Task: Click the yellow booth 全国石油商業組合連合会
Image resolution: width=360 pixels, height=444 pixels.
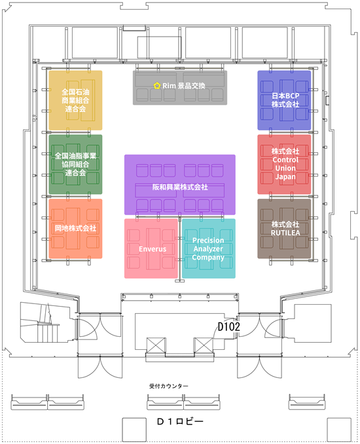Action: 75,100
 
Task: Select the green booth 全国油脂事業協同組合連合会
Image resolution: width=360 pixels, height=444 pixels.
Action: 75,164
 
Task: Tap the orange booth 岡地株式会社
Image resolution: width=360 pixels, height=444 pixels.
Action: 75,228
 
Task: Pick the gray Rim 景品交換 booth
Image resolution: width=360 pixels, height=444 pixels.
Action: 180,88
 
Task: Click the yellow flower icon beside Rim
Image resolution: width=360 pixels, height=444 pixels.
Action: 156,86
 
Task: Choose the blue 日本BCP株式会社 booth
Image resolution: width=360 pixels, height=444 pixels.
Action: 284,100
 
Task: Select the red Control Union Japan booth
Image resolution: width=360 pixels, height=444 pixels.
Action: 284,164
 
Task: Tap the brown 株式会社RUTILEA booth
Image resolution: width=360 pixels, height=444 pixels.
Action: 284,228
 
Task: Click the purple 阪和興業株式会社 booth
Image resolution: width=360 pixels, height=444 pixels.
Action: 180,184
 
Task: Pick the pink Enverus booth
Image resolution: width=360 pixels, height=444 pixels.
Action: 151,248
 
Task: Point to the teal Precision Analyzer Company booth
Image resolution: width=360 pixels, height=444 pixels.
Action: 209,248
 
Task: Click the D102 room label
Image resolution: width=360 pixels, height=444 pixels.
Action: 228,326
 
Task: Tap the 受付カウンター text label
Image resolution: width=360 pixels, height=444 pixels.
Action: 169,386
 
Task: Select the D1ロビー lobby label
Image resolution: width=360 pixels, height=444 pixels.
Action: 180,422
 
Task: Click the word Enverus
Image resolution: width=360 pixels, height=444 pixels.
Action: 153,249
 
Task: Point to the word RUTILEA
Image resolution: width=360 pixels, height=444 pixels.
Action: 285,233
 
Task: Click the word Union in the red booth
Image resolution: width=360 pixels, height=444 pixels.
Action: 285,168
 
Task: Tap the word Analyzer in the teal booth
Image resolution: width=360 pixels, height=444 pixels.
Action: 208,249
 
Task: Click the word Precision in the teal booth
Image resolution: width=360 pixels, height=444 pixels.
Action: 208,240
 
